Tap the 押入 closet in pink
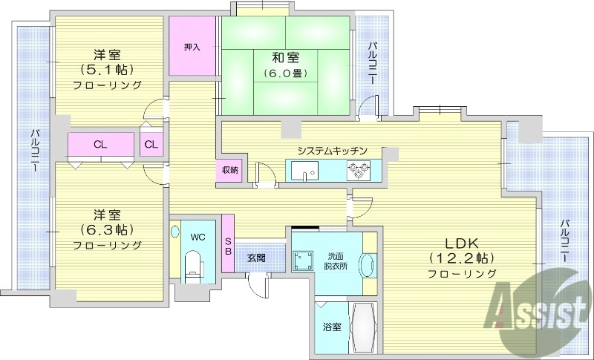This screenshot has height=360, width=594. (192, 46)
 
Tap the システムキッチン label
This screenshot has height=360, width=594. (332, 151)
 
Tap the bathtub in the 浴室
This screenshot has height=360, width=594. (364, 327)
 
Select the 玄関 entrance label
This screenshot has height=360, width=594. (256, 258)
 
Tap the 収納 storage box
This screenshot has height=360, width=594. (229, 170)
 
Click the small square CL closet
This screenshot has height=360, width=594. (151, 144)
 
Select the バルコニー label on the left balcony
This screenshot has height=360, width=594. (34, 152)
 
